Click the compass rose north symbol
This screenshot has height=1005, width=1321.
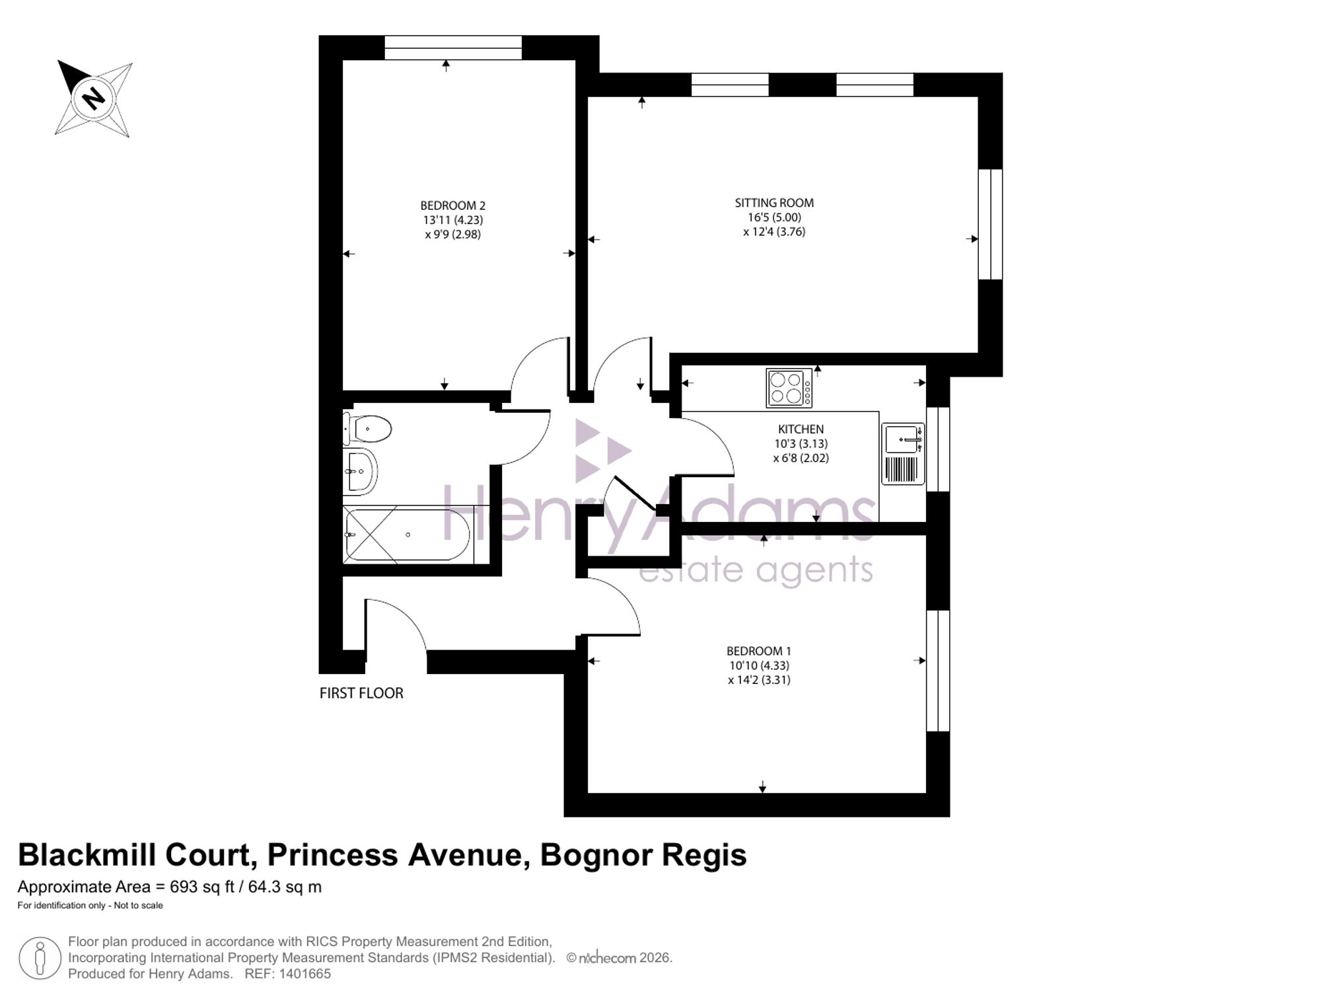pyautogui.click(x=94, y=98)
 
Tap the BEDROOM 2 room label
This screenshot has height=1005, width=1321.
pyautogui.click(x=453, y=205)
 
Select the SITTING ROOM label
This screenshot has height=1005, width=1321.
pyautogui.click(x=774, y=203)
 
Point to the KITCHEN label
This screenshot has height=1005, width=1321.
pyautogui.click(x=801, y=429)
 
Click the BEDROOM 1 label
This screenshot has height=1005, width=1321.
pyautogui.click(x=759, y=651)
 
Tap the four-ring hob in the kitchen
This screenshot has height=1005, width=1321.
pyautogui.click(x=789, y=388)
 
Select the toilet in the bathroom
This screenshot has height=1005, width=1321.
pyautogui.click(x=367, y=429)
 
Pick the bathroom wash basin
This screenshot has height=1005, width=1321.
pyautogui.click(x=360, y=471)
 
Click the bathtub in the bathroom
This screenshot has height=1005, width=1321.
pyautogui.click(x=408, y=535)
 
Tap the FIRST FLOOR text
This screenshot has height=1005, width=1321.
pyautogui.click(x=361, y=693)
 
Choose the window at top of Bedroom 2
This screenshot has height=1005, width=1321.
pyautogui.click(x=453, y=48)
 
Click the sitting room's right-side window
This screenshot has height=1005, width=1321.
pyautogui.click(x=990, y=225)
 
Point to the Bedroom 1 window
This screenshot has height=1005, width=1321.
pyautogui.click(x=938, y=671)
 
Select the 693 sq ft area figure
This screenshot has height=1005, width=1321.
pyautogui.click(x=202, y=887)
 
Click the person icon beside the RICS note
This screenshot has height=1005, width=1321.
pyautogui.click(x=40, y=958)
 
